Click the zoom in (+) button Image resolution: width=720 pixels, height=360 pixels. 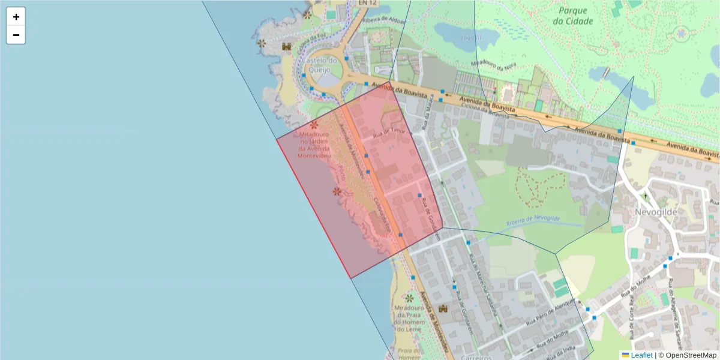tap(16, 17)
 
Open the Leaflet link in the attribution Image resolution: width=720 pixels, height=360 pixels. tap(641, 355)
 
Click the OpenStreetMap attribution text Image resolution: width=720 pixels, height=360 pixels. tap(691, 355)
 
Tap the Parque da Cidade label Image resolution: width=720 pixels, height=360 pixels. tap(575, 16)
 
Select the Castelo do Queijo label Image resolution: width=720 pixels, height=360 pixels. tap(321, 64)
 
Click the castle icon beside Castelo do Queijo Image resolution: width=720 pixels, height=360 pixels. tap(287, 46)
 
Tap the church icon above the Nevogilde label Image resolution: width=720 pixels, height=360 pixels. tap(645, 196)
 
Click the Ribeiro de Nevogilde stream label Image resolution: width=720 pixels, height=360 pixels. tap(533, 221)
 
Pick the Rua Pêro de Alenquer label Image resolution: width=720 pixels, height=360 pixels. tap(551, 313)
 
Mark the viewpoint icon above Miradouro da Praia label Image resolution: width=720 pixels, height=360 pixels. tap(409, 298)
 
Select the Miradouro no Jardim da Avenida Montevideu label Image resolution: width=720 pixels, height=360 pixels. tap(314, 145)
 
